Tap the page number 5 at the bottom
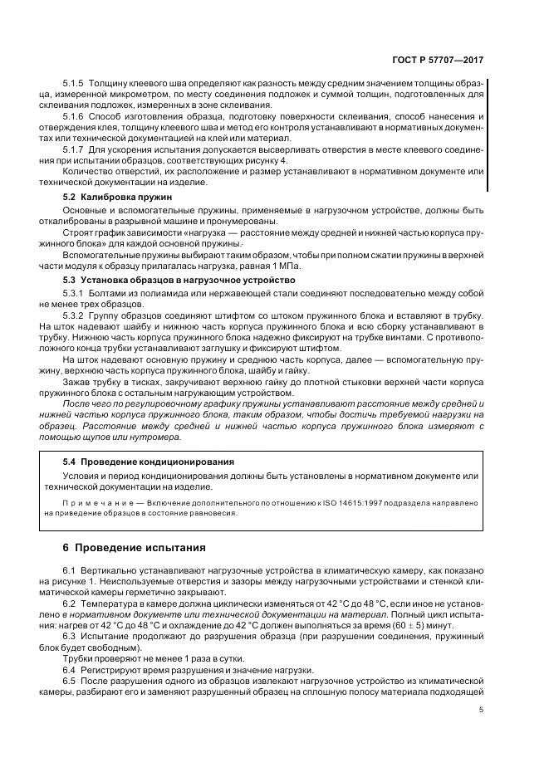[481, 710]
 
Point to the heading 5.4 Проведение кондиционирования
[149, 460]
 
